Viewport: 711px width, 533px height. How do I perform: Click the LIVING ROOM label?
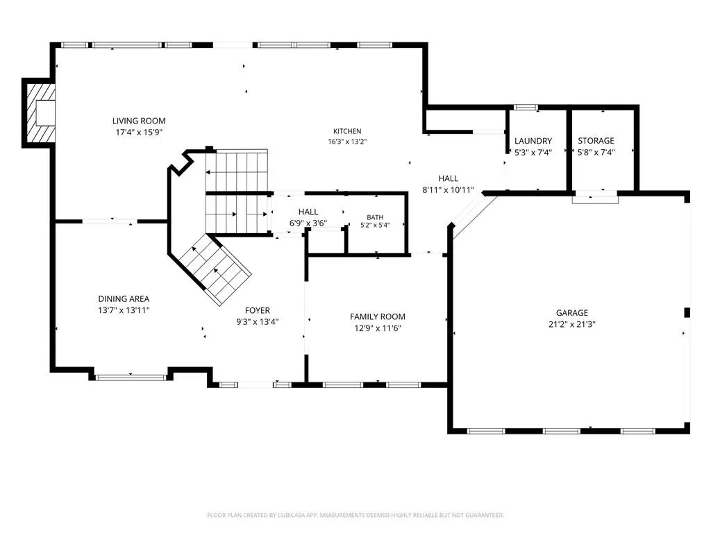pyautogui.click(x=139, y=121)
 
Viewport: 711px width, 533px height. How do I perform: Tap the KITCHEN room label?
pyautogui.click(x=347, y=131)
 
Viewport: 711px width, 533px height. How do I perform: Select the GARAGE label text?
pyautogui.click(x=572, y=313)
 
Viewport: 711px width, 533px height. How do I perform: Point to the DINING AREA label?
pyautogui.click(x=124, y=298)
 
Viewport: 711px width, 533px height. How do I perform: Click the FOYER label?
pyautogui.click(x=257, y=310)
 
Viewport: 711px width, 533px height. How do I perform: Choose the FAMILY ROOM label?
pyautogui.click(x=377, y=316)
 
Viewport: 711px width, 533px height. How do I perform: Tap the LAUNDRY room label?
pyautogui.click(x=533, y=141)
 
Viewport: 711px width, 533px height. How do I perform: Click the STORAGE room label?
pyautogui.click(x=596, y=140)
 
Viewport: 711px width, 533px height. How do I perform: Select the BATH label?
pyautogui.click(x=375, y=217)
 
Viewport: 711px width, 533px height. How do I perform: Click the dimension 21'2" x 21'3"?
pyautogui.click(x=572, y=325)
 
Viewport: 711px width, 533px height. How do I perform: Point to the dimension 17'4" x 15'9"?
pyautogui.click(x=139, y=133)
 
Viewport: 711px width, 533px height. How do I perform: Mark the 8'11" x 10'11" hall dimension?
pyautogui.click(x=448, y=190)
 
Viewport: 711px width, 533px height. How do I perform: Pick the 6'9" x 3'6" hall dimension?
pyautogui.click(x=308, y=223)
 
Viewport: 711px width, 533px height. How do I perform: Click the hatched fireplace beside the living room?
pyautogui.click(x=40, y=113)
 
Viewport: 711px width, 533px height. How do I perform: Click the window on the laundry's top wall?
pyautogui.click(x=525, y=108)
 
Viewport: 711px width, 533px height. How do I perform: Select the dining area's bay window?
pyautogui.click(x=131, y=377)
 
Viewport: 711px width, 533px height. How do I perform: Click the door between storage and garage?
pyautogui.click(x=595, y=198)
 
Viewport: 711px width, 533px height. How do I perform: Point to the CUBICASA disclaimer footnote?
pyautogui.click(x=355, y=516)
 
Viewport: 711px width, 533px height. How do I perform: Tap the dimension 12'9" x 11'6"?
pyautogui.click(x=377, y=328)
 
